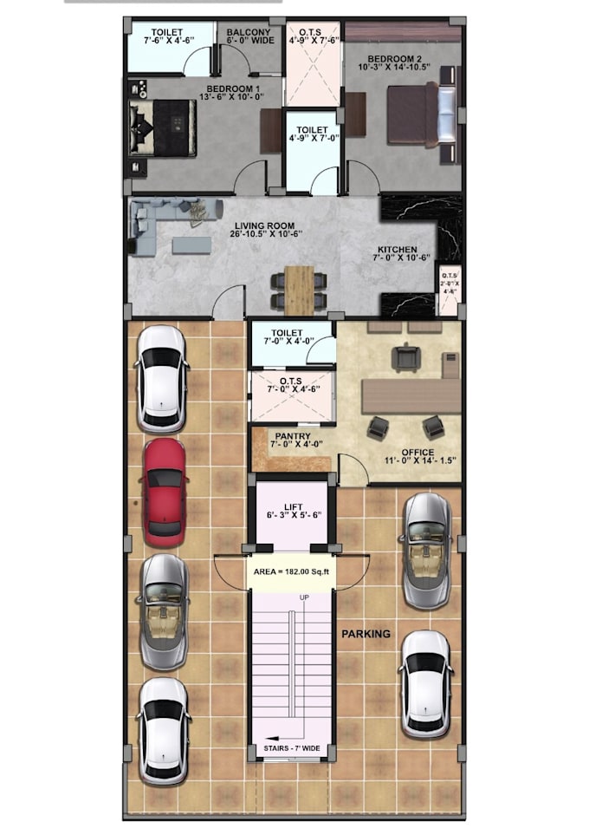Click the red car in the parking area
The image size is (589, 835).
(x=164, y=492)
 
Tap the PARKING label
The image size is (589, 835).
(x=365, y=634)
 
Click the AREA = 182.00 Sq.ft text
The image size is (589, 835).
(x=292, y=571)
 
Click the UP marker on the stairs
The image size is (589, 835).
(x=304, y=598)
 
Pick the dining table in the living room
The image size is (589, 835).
(x=299, y=290)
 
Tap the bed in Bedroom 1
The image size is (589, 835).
(x=165, y=127)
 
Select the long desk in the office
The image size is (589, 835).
(x=410, y=395)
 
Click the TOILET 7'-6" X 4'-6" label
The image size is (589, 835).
(x=167, y=36)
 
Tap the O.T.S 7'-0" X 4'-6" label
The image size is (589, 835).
(x=292, y=384)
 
